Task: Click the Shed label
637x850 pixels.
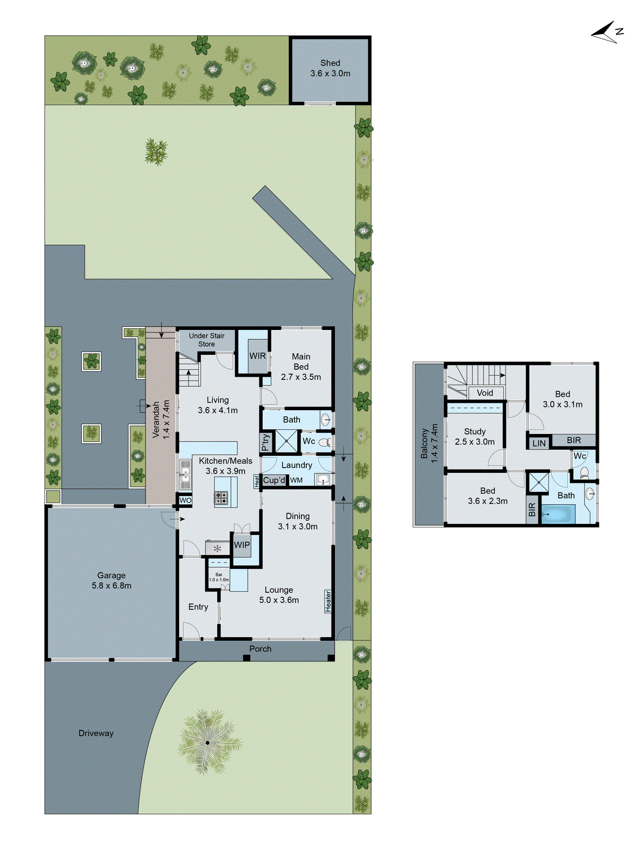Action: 330,68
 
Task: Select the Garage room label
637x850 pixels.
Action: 111,580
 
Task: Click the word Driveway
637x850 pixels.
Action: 96,733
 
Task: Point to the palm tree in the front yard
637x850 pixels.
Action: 208,742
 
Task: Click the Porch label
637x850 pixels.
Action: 260,649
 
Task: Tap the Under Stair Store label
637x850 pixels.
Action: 206,340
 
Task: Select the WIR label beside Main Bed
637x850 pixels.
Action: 257,356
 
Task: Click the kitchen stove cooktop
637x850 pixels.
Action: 221,498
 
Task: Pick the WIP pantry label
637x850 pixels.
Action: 242,545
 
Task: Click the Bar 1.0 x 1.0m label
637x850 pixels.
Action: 219,577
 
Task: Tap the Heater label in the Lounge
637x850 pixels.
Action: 328,601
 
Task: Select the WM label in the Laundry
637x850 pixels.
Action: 296,480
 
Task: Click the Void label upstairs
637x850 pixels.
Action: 485,393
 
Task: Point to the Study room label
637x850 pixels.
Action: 475,437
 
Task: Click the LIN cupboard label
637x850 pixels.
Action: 539,443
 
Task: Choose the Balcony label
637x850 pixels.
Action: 429,444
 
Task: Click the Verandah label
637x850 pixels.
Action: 161,419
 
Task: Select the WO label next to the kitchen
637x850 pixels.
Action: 185,500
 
